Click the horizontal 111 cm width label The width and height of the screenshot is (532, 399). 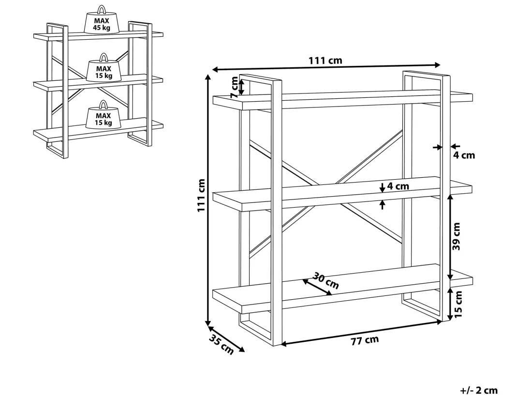point(325,61)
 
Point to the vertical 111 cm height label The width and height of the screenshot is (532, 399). point(202,195)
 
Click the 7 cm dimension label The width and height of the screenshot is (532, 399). point(235,88)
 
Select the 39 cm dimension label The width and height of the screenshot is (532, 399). point(457,236)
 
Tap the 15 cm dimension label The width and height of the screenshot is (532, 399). point(458,304)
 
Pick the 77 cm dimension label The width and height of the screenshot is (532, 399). point(365,340)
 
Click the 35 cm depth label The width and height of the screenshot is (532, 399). point(221,345)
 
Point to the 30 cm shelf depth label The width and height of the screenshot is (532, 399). point(325,280)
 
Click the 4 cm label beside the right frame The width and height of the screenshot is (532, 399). point(464,155)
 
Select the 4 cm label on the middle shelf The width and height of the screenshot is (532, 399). point(398,186)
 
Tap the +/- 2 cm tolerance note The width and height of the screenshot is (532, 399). point(479,391)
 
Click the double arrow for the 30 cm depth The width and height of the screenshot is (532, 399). point(317,287)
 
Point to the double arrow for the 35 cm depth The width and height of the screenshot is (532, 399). point(226,339)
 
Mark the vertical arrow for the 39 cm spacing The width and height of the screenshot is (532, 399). point(450,237)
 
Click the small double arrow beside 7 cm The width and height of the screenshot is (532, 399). point(241,87)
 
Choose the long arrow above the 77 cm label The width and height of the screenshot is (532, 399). point(361,333)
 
